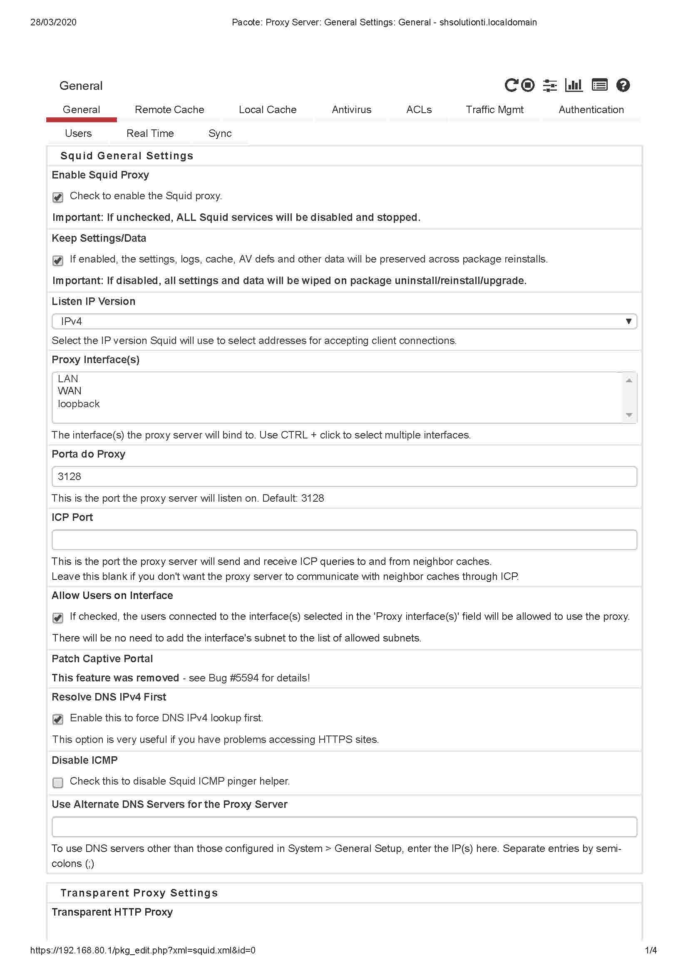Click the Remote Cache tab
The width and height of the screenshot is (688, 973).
click(x=169, y=110)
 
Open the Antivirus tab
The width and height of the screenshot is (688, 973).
click(x=351, y=110)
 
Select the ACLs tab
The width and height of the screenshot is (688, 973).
click(x=418, y=110)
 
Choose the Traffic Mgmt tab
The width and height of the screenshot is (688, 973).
click(x=494, y=110)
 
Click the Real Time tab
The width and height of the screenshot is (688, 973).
click(x=150, y=134)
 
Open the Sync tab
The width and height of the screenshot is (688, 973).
click(x=220, y=134)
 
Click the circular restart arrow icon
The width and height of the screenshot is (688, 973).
click(x=511, y=86)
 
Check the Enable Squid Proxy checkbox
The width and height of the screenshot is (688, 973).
click(x=58, y=197)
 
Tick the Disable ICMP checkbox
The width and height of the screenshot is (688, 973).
click(x=58, y=782)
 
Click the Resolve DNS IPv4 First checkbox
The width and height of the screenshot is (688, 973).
click(x=58, y=719)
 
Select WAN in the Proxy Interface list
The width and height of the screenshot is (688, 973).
click(x=70, y=391)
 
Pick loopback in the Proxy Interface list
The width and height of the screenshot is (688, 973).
click(x=79, y=404)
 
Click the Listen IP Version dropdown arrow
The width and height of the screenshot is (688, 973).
click(x=628, y=321)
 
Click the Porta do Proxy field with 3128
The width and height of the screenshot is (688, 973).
click(x=344, y=477)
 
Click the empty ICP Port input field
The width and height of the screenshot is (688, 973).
click(x=344, y=540)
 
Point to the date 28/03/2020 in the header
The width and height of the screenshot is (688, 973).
click(x=53, y=22)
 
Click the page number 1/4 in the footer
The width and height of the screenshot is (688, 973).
click(x=650, y=950)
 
